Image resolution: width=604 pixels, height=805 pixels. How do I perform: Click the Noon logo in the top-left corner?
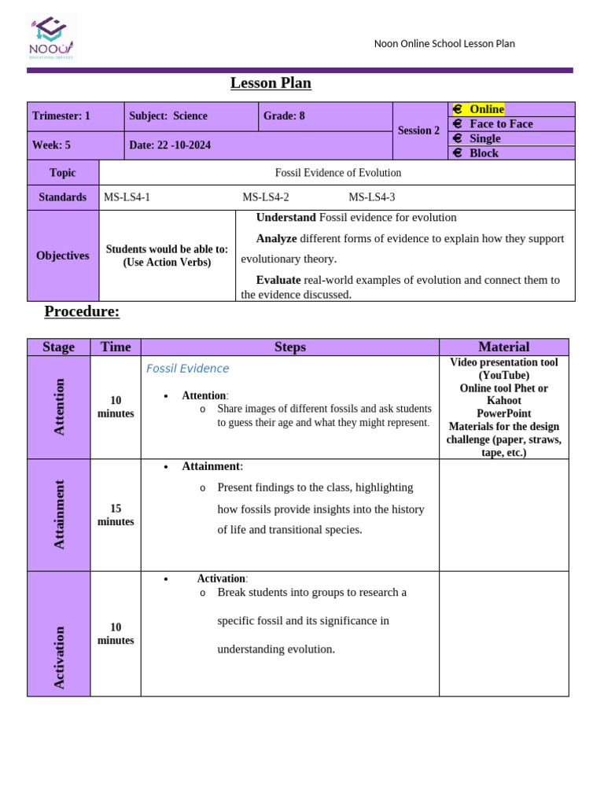click(x=51, y=38)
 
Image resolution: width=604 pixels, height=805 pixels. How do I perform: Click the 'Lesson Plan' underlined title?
click(x=271, y=83)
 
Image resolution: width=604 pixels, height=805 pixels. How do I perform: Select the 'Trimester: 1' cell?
click(x=61, y=116)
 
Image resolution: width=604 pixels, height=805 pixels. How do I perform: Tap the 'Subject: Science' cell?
click(x=168, y=116)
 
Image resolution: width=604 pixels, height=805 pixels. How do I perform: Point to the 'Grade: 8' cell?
click(x=284, y=116)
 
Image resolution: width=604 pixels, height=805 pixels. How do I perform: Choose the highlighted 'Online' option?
click(x=486, y=109)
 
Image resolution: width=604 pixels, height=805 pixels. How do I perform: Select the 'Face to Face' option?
click(x=500, y=124)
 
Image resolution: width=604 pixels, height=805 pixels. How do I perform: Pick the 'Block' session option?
click(x=484, y=153)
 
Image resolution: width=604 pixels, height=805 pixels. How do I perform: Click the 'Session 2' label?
click(x=418, y=130)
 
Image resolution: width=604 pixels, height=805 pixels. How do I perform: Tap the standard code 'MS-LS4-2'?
click(x=266, y=197)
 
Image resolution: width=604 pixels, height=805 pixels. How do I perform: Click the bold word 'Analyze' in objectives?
click(x=276, y=238)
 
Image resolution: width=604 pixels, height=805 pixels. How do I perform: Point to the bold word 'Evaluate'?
click(x=278, y=280)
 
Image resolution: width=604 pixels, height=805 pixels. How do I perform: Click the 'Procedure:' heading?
click(x=82, y=311)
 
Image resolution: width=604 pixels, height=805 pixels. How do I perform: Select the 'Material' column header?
click(x=503, y=347)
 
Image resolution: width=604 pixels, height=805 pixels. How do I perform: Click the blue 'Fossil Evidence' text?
click(x=187, y=369)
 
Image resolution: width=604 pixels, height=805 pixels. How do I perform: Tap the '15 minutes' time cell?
click(x=116, y=515)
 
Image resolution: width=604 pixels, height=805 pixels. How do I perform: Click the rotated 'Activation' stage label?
click(x=59, y=657)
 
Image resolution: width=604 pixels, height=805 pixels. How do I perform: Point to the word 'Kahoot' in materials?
click(x=503, y=401)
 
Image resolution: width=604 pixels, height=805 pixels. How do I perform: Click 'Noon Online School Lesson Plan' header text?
click(x=444, y=44)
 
